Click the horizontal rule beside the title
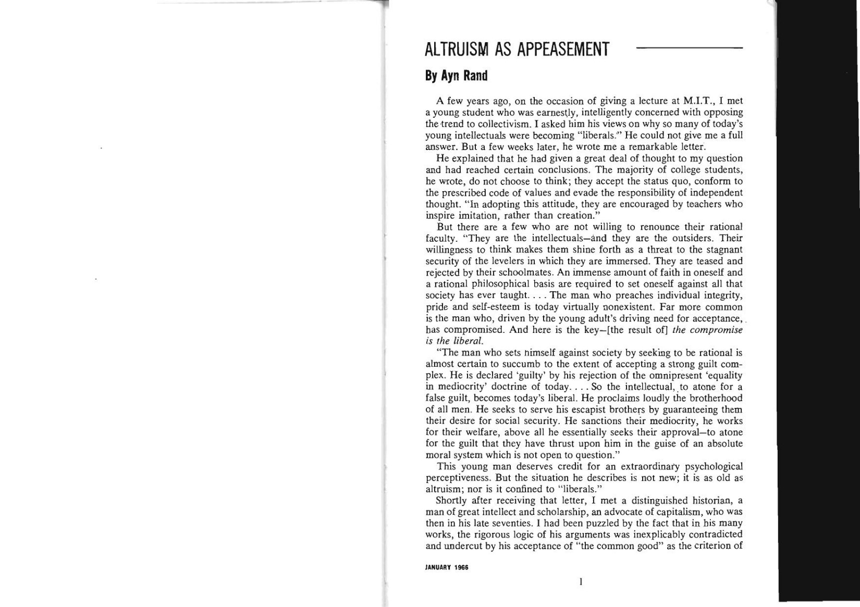(689, 48)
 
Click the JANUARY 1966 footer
(447, 567)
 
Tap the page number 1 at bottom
(581, 581)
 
